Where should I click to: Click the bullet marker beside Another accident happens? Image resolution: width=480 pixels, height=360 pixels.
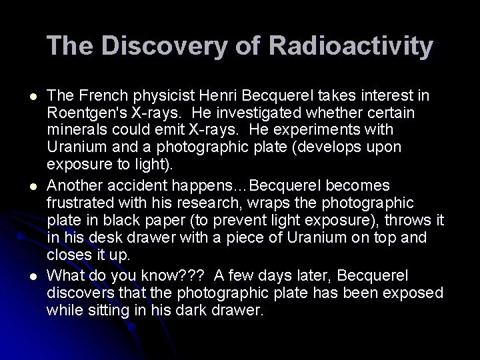(23, 185)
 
